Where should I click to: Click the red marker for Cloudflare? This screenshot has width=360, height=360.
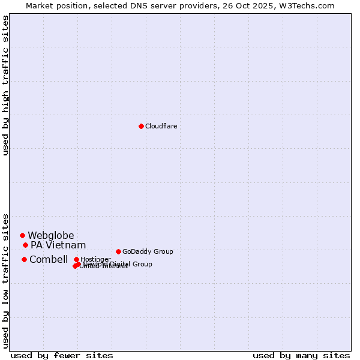141,126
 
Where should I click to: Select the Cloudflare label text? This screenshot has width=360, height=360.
161,126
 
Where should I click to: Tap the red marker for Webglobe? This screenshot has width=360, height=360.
22,235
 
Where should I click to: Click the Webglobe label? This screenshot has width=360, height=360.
51,235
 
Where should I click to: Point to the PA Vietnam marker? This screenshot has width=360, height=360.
25,245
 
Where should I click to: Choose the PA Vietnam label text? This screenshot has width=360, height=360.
58,245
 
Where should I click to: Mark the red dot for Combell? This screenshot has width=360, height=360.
24,259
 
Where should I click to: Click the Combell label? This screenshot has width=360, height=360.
49,259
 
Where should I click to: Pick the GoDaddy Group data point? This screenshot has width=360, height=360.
118,251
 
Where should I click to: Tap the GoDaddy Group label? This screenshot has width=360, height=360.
148,251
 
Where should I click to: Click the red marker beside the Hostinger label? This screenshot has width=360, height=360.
76,259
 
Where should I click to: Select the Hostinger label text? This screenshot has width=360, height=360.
95,259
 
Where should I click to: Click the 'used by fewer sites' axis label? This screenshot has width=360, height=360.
62,355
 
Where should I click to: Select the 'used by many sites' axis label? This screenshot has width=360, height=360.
301,355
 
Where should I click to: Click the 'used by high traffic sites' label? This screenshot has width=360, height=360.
5,85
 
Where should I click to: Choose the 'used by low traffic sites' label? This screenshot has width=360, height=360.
5,281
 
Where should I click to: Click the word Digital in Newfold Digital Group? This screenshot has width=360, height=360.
119,264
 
